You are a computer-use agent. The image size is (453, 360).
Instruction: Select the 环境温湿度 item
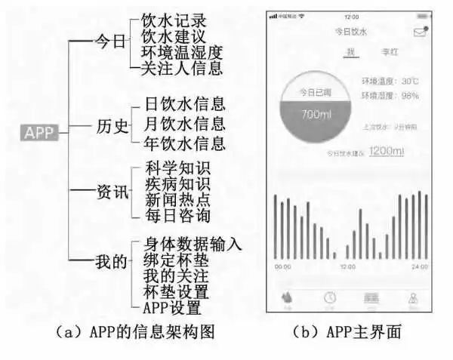click(180, 54)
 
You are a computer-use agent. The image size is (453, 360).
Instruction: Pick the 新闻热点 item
click(177, 200)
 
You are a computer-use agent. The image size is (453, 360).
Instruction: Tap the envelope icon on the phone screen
click(421, 32)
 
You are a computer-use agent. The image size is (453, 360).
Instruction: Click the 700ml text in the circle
click(313, 115)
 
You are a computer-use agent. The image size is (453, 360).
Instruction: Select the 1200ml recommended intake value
click(387, 151)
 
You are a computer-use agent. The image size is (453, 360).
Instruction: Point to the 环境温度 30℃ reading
click(390, 80)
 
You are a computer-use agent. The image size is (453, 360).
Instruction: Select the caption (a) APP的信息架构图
click(131, 331)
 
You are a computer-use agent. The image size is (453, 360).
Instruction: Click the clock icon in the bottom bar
click(329, 297)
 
